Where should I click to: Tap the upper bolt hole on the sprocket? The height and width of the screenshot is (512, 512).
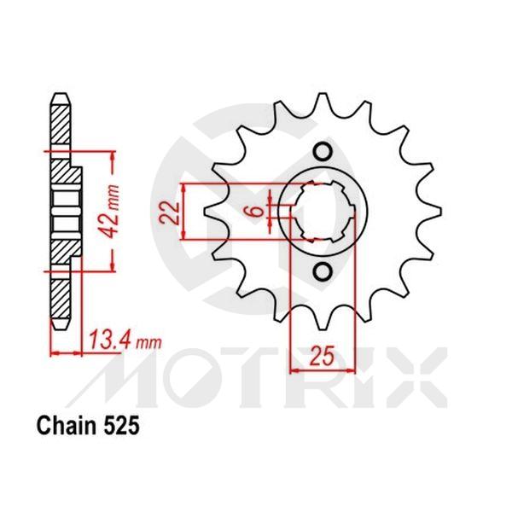[323, 153]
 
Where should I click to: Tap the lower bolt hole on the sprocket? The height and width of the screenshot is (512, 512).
[323, 271]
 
